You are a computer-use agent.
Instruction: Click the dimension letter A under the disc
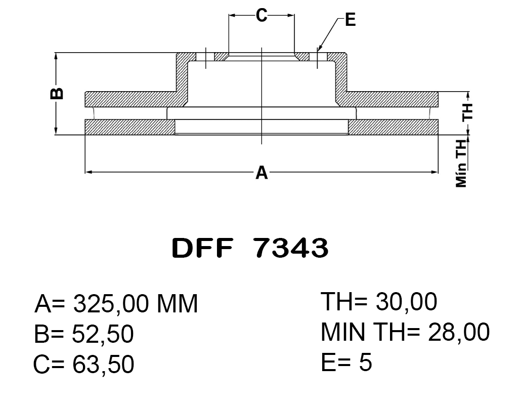(x=261, y=173)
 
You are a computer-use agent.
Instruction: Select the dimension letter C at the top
(x=261, y=16)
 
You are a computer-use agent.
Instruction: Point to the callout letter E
(x=350, y=20)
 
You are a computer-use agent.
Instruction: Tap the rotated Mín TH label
(x=461, y=163)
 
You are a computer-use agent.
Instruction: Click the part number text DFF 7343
(x=250, y=248)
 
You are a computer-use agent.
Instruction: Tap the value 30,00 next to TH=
(x=407, y=302)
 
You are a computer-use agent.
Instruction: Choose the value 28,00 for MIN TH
(x=459, y=332)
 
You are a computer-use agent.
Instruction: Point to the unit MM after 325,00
(x=177, y=304)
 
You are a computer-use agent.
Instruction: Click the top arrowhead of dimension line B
(x=56, y=55)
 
